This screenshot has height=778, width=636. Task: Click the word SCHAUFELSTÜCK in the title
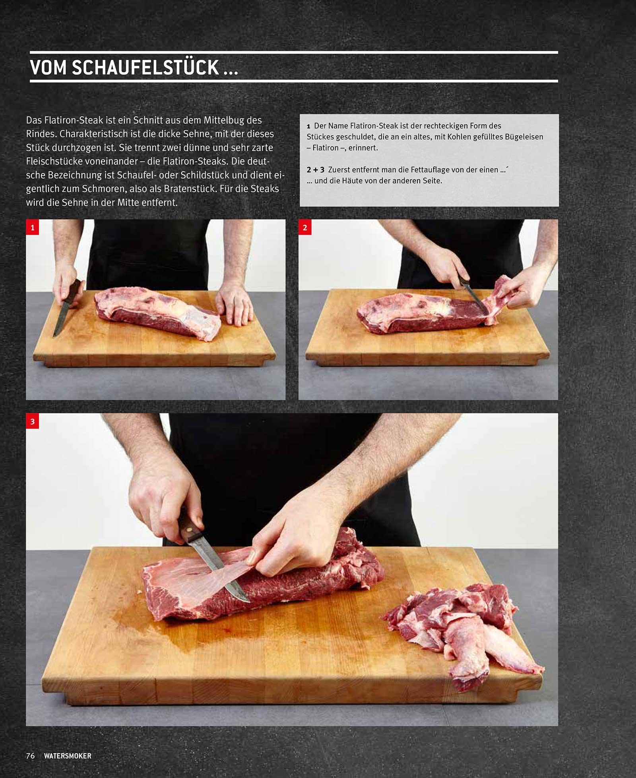tap(145, 67)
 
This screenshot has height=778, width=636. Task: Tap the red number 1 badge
tap(33, 228)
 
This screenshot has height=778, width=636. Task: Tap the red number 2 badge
tap(305, 228)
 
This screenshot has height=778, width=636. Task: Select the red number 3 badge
tap(33, 421)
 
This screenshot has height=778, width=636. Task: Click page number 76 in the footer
tap(30, 756)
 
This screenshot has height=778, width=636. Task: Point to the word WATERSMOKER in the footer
tap(68, 756)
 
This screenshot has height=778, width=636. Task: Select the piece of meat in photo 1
tap(158, 313)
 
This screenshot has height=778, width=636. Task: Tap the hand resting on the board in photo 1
tap(235, 304)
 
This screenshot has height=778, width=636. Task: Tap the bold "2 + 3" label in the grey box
tap(316, 170)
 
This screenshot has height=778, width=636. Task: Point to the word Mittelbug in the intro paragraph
tap(224, 120)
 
